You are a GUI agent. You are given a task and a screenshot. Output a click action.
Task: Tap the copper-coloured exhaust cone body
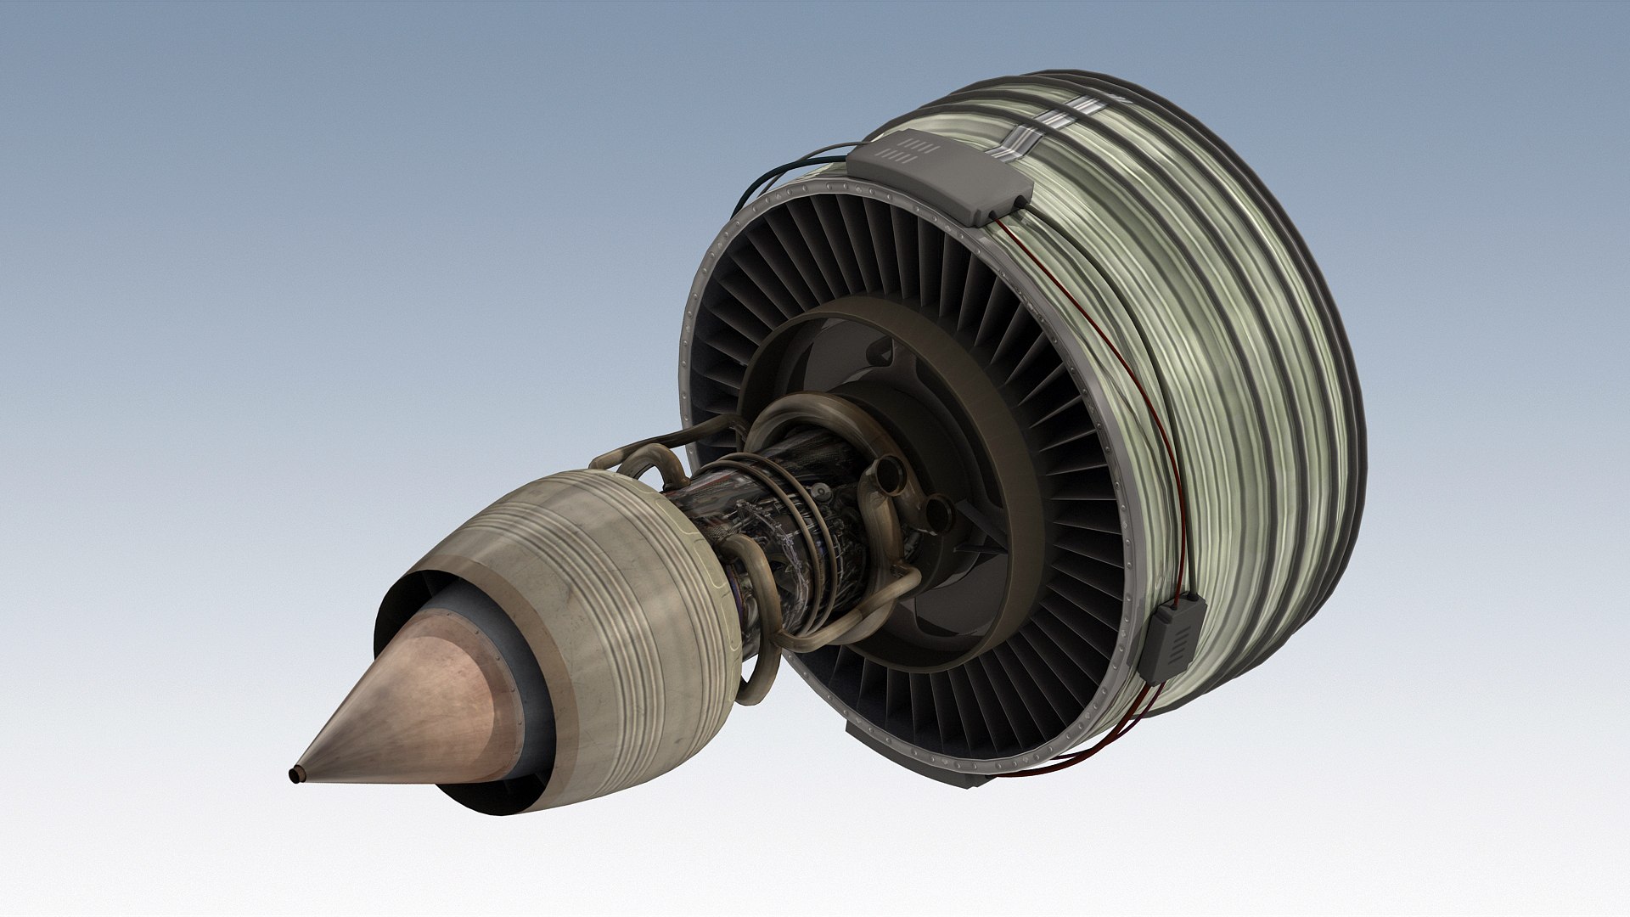click(x=424, y=696)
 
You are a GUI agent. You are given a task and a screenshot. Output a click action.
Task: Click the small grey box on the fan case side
click(x=1172, y=637)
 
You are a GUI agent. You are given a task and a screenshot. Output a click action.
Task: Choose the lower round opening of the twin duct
click(x=937, y=514)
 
